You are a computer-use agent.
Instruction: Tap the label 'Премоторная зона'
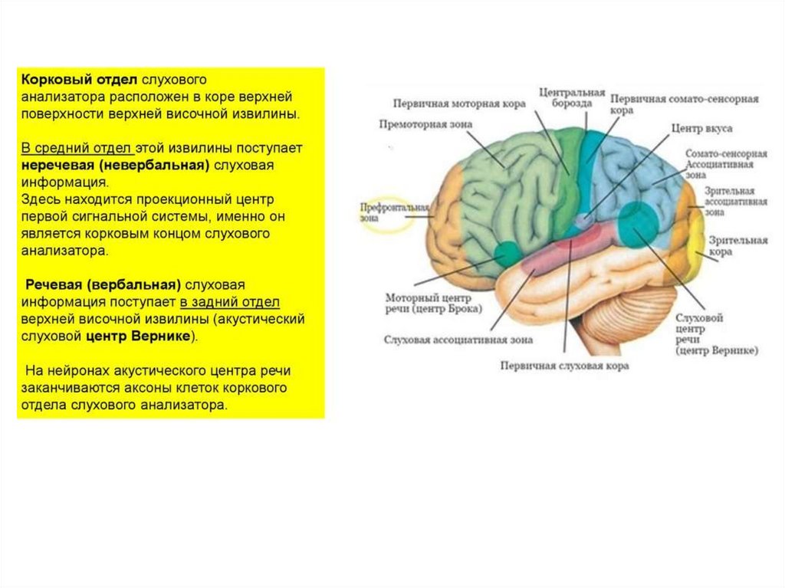click(x=425, y=124)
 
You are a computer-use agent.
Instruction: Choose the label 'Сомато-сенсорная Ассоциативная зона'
click(x=725, y=163)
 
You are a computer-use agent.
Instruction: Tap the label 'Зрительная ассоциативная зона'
click(x=735, y=201)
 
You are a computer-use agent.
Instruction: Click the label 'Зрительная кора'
click(x=737, y=245)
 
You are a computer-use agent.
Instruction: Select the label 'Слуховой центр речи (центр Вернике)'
click(x=715, y=333)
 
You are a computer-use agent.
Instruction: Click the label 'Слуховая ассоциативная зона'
click(x=458, y=339)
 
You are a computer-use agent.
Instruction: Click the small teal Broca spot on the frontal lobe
click(x=506, y=252)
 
